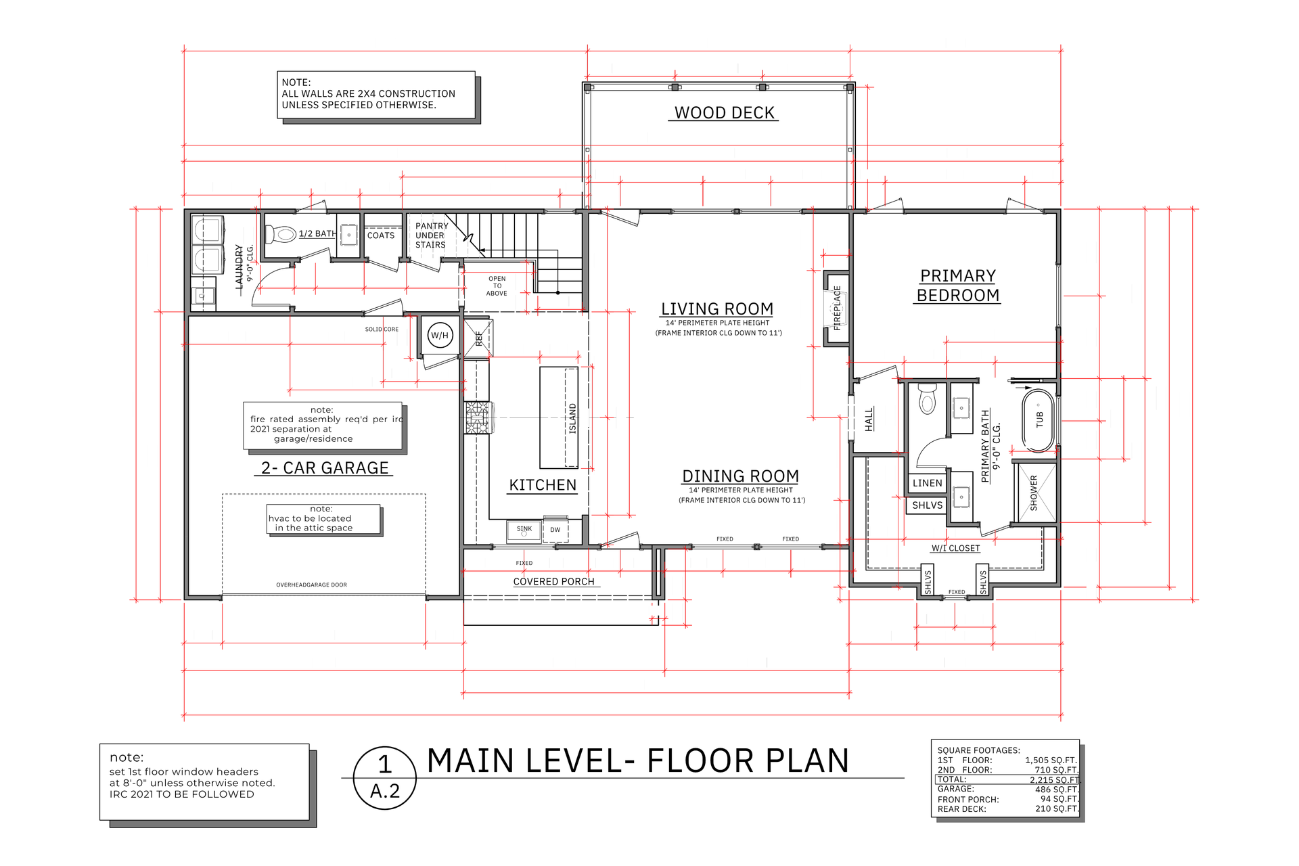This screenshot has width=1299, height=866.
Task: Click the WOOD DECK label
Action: tap(724, 113)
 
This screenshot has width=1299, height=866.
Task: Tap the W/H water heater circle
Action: tap(440, 335)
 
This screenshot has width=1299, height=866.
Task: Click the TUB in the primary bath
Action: tap(1038, 419)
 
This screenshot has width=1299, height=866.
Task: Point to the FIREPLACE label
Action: tap(837, 308)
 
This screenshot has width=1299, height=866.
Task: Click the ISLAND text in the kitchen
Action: tap(572, 418)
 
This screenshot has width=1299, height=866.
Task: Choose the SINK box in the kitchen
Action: tap(524, 530)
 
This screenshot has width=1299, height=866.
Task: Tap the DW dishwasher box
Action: tap(555, 530)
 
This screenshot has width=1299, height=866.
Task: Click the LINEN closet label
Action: tap(927, 483)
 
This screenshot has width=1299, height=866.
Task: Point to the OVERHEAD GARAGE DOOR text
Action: tap(311, 585)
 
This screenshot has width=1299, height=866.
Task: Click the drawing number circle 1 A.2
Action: tap(385, 777)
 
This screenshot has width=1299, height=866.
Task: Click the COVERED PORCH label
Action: tap(553, 581)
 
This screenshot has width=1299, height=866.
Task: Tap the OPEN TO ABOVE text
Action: tap(497, 286)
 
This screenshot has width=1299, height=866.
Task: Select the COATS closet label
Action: tap(380, 235)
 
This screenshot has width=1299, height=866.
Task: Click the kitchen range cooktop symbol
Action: tap(477, 417)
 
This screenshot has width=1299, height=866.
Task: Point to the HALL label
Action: tap(869, 419)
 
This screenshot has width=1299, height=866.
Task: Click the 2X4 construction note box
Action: tap(376, 95)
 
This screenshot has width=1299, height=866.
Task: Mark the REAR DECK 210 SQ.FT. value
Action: tap(1056, 808)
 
